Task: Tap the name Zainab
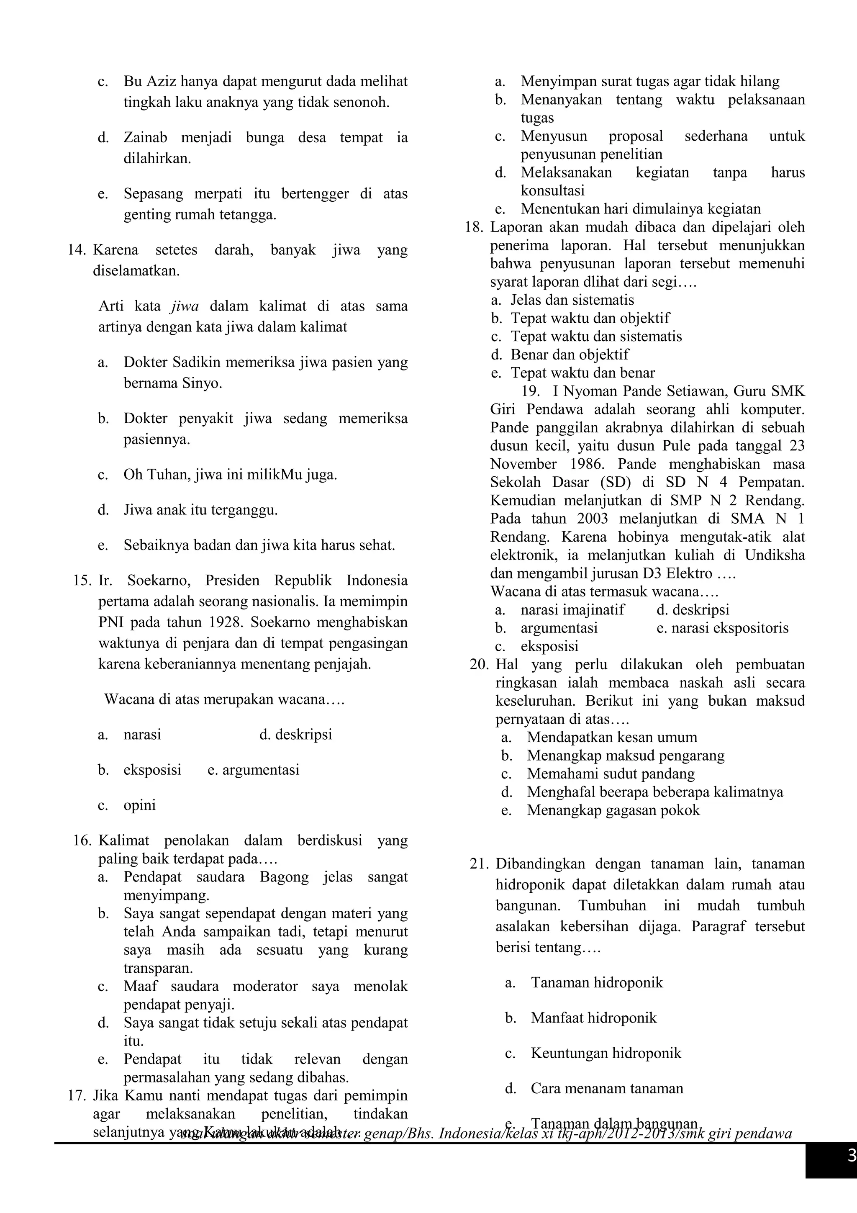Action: [145, 138]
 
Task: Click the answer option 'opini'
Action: [139, 805]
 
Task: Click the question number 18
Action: [474, 228]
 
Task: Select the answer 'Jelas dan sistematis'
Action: [572, 300]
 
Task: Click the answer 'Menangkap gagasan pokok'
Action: [613, 810]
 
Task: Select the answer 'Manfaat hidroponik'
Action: [593, 1018]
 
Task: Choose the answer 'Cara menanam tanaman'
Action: [607, 1088]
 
